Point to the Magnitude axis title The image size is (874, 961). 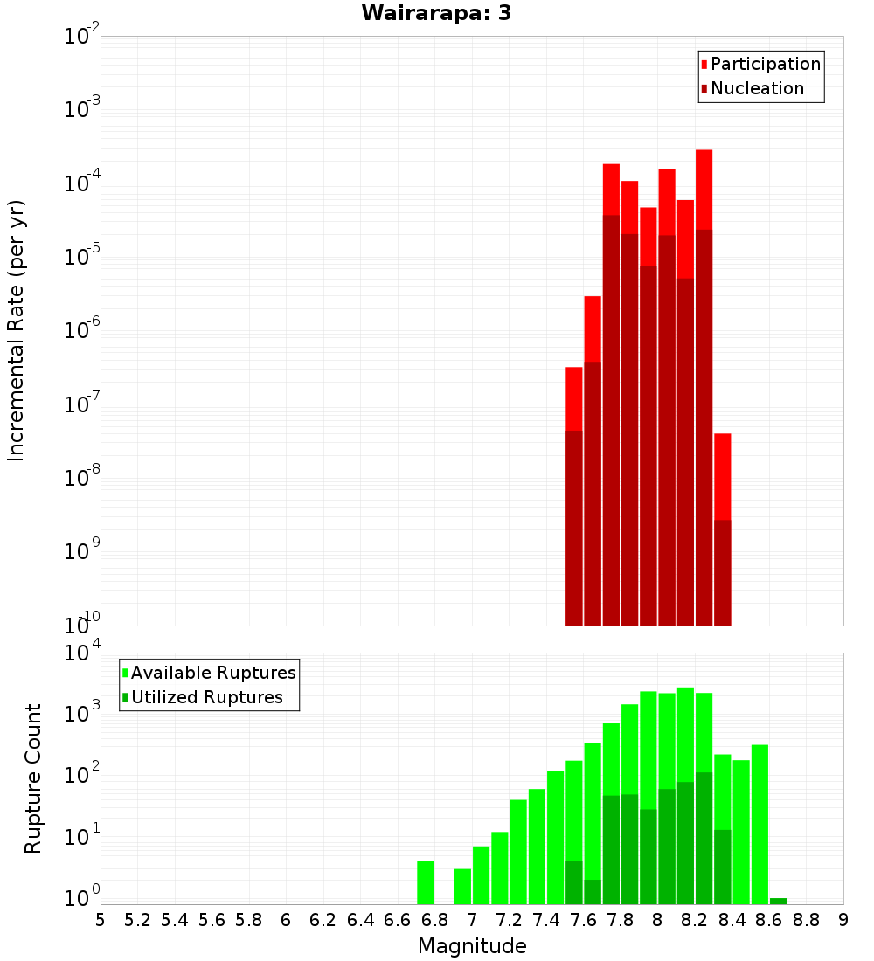click(472, 946)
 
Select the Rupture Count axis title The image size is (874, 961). click(33, 778)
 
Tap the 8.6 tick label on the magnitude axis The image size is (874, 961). click(769, 919)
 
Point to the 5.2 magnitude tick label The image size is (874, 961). click(137, 919)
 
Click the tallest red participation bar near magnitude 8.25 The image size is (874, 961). click(704, 192)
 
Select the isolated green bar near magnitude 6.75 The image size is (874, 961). click(426, 882)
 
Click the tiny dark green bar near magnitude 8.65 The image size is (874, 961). click(779, 901)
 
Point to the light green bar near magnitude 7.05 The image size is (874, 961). click(482, 875)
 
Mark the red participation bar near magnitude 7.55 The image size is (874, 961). click(574, 398)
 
